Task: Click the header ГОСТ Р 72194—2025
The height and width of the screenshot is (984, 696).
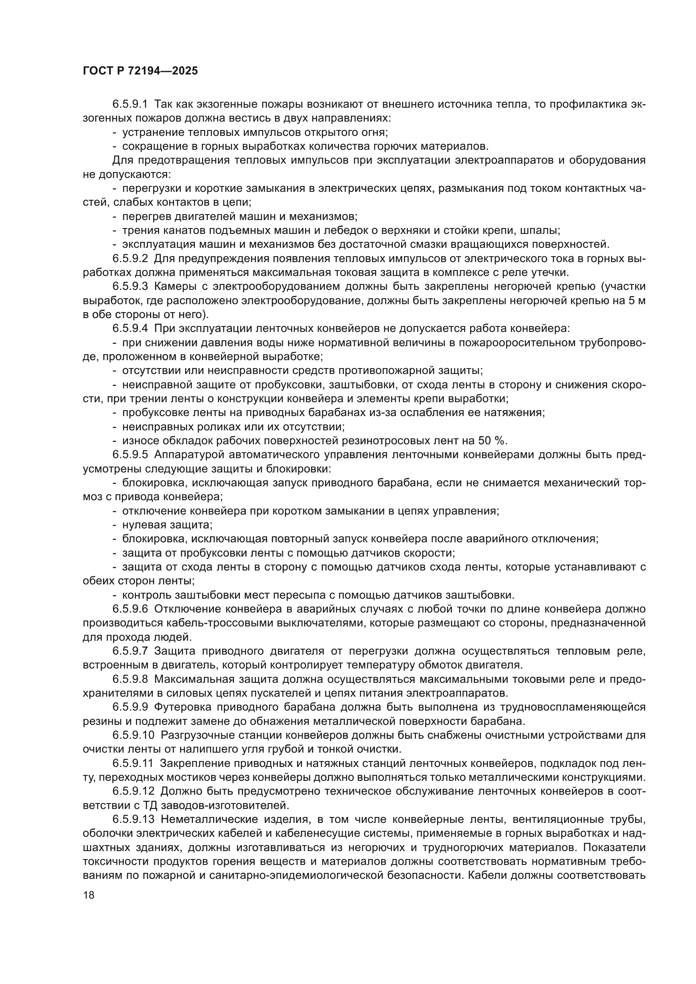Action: pos(140,71)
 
